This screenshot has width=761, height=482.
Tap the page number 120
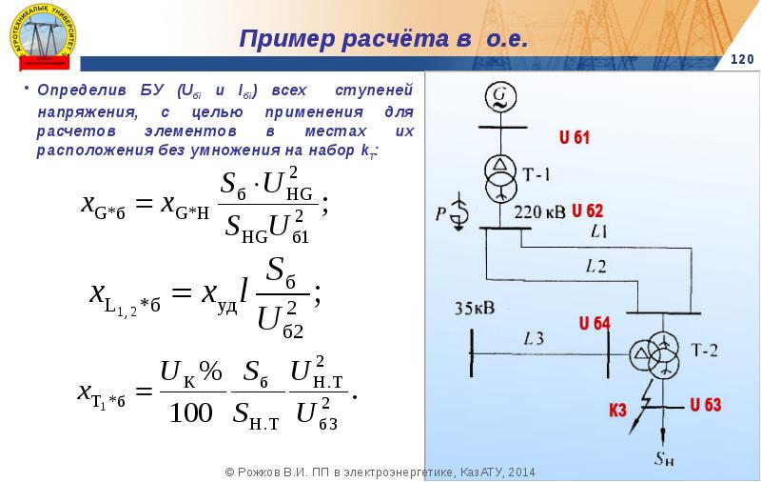point(741,61)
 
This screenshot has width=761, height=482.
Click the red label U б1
point(574,138)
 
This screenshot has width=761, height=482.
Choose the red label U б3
point(705,404)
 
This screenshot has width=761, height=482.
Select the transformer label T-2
point(705,351)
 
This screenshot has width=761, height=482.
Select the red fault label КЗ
point(617,412)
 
